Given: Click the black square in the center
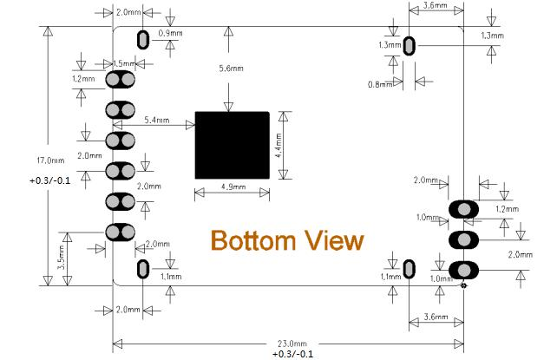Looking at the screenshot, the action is coord(232,145).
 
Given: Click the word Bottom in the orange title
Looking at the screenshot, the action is coord(253,240).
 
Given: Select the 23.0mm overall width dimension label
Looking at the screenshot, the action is coord(292,344).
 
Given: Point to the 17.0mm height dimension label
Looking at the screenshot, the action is coord(51,160).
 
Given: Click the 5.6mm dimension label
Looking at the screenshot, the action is coord(232,69).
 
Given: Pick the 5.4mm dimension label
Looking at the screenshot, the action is coord(157,120).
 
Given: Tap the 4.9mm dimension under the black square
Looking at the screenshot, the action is coord(233,187).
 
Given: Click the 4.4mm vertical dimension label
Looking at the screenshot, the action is coord(278,145).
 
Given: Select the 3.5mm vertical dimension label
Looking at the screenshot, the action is coord(61,257).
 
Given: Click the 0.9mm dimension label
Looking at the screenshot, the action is coord(171,33).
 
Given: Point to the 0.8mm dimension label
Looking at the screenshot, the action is coord(380,84).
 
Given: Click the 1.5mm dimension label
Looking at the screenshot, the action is coord(124,63).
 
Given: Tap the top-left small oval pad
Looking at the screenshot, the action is coord(143,40).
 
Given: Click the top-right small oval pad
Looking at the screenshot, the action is coord(410,45).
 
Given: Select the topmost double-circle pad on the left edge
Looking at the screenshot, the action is coord(120,80).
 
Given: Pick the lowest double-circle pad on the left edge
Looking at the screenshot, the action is coord(120,232).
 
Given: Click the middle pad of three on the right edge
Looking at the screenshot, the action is coord(463,240).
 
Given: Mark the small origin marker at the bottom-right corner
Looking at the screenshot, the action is coord(463,285).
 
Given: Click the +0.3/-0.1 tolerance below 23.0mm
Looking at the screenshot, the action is coord(293,354).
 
